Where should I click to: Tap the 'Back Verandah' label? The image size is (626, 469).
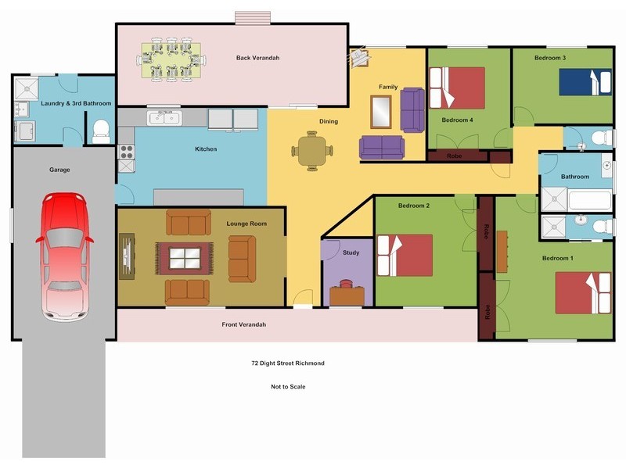pos(257,58)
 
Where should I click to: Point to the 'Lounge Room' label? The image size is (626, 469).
pos(246,224)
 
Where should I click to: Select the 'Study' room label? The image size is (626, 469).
pos(351,252)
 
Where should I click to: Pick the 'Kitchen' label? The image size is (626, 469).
pos(206,149)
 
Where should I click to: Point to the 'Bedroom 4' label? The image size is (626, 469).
pos(457,120)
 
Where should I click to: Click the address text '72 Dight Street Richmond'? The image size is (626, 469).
pos(287,363)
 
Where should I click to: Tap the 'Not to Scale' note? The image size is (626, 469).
pos(287,387)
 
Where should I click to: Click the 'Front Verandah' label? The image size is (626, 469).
pos(244,324)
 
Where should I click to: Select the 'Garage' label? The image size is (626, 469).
pos(60,169)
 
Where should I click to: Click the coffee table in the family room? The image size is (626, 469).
pos(381,111)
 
